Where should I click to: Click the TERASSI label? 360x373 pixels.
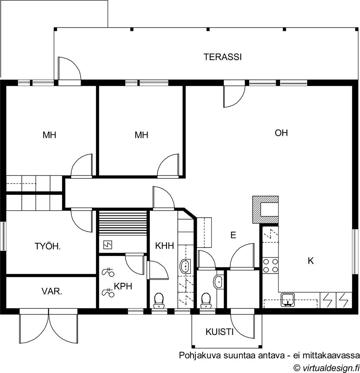coord(222,57)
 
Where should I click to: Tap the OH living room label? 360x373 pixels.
coord(281,133)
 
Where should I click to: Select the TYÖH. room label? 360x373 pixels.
coord(48,246)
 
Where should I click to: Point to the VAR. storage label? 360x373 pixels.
coord(52,292)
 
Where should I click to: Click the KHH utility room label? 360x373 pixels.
coord(164,246)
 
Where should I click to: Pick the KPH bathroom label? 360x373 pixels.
coord(123,286)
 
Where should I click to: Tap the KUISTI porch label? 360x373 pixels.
coord(219,332)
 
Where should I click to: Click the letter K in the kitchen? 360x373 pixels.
coord(311,261)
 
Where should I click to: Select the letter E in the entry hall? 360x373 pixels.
coord(233,235)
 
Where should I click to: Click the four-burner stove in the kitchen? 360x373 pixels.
coord(270,265)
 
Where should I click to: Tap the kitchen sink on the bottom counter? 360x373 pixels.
coord(288,300)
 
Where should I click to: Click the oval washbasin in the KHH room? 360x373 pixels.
coord(185,266)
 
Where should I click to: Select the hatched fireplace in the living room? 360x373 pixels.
coord(265,210)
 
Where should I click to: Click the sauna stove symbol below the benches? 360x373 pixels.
coord(108,245)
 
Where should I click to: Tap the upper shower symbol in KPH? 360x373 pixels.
coord(108,272)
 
